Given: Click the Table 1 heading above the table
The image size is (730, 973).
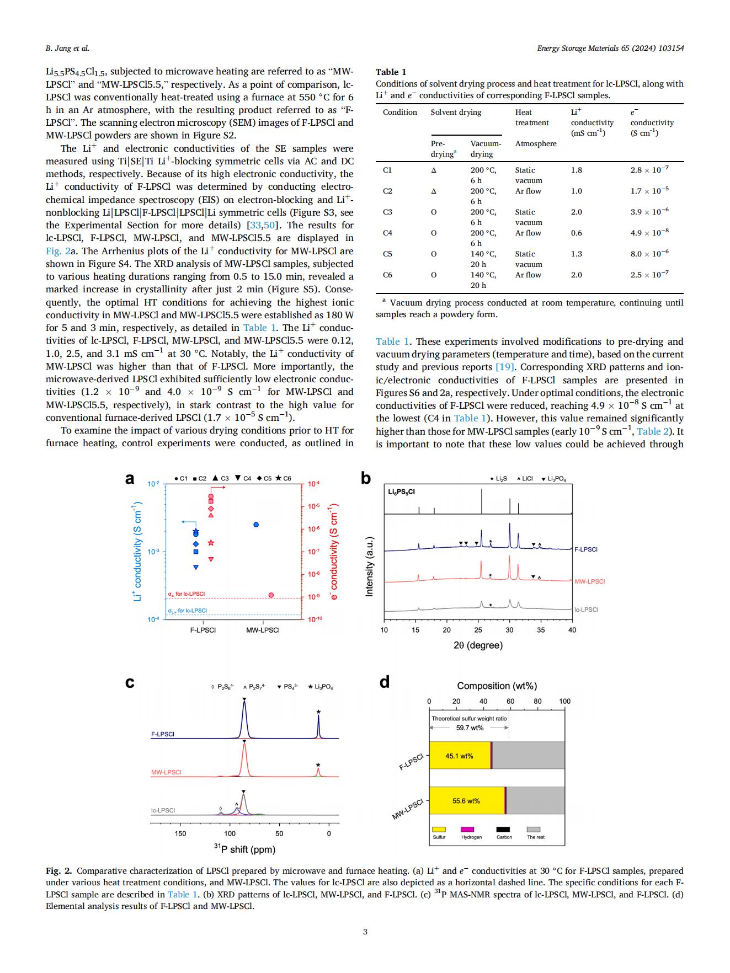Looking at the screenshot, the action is pyautogui.click(x=391, y=72).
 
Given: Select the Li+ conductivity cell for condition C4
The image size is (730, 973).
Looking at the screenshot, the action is pyautogui.click(x=576, y=233).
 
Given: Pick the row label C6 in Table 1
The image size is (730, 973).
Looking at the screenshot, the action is pyautogui.click(x=387, y=275).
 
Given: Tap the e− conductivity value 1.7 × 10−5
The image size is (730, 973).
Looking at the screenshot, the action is pyautogui.click(x=649, y=191).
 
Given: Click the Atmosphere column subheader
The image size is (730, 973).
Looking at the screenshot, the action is pyautogui.click(x=536, y=143).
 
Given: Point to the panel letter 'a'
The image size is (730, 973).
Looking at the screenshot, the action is pyautogui.click(x=130, y=479).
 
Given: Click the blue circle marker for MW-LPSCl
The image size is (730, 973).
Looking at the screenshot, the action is pyautogui.click(x=256, y=525).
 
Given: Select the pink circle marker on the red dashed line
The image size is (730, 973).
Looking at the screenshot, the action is pyautogui.click(x=271, y=595).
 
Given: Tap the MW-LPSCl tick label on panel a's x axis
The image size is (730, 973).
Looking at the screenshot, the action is pyautogui.click(x=263, y=630).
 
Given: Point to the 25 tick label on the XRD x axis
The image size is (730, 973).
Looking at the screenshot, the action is pyautogui.click(x=478, y=630).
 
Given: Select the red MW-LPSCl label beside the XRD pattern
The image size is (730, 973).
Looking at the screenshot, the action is pyautogui.click(x=589, y=581).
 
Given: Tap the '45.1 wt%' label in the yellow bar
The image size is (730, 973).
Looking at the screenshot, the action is pyautogui.click(x=459, y=756).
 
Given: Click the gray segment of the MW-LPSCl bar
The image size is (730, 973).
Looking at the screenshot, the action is pyautogui.click(x=535, y=800).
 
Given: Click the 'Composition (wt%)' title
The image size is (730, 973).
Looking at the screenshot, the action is pyautogui.click(x=497, y=686).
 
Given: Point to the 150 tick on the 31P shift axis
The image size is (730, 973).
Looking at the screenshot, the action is pyautogui.click(x=180, y=833).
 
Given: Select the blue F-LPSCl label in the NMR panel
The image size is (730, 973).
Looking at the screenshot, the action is pyautogui.click(x=163, y=734).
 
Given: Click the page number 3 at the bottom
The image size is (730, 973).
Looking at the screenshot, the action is pyautogui.click(x=365, y=932).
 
